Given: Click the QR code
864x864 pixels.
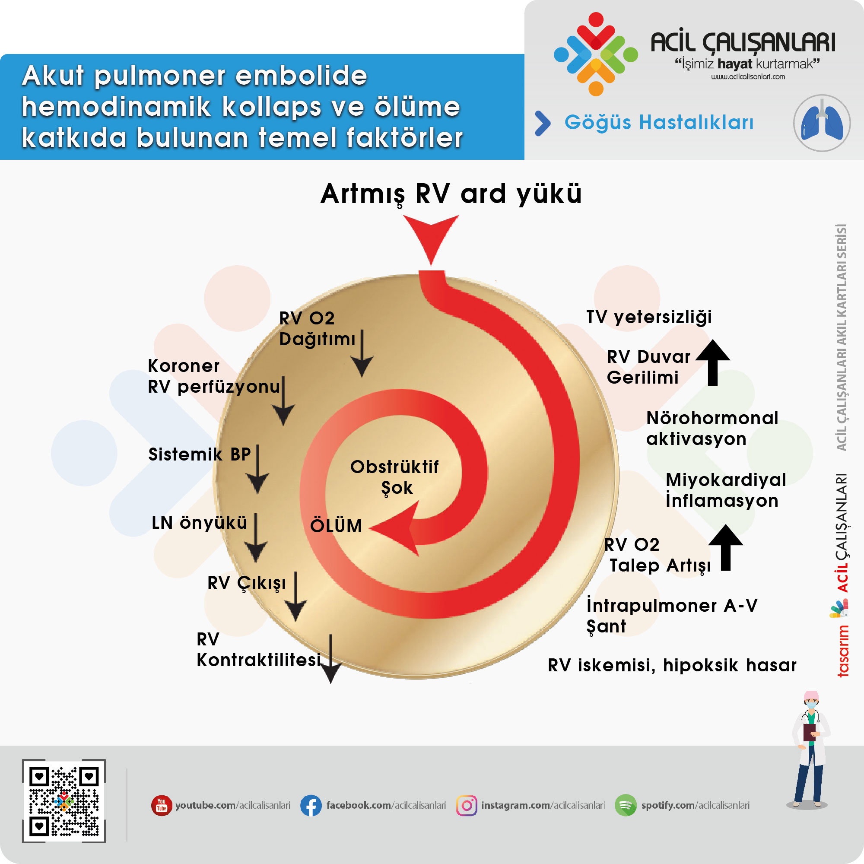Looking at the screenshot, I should click(x=64, y=801).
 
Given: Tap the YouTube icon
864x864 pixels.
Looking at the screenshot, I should click(x=162, y=805).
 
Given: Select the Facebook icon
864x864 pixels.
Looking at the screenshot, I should click(x=310, y=805).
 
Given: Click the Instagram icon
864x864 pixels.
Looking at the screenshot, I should click(x=467, y=805).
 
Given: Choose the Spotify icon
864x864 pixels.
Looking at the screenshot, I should click(x=625, y=805).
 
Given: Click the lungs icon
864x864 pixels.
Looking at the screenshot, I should click(x=822, y=123).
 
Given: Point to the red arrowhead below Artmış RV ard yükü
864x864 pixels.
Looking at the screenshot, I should click(x=431, y=237).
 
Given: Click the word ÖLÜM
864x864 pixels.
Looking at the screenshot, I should click(x=336, y=526).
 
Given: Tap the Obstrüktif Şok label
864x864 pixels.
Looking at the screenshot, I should click(x=394, y=477).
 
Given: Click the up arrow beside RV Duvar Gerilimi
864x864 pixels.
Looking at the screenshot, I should click(x=713, y=362).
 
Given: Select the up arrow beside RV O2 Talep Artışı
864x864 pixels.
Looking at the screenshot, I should click(x=726, y=547).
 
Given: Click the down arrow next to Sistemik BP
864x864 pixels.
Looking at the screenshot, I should click(x=257, y=470).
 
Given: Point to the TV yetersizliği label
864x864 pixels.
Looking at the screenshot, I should click(x=649, y=317).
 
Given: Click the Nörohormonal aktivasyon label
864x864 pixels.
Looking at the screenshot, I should click(x=712, y=429).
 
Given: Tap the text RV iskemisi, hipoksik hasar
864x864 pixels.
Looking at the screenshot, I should click(x=672, y=665).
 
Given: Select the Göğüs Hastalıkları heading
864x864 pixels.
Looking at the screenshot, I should click(x=659, y=122).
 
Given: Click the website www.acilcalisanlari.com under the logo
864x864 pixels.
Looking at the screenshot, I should click(x=748, y=76).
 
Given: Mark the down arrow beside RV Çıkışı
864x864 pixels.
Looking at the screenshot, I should click(x=295, y=597).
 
